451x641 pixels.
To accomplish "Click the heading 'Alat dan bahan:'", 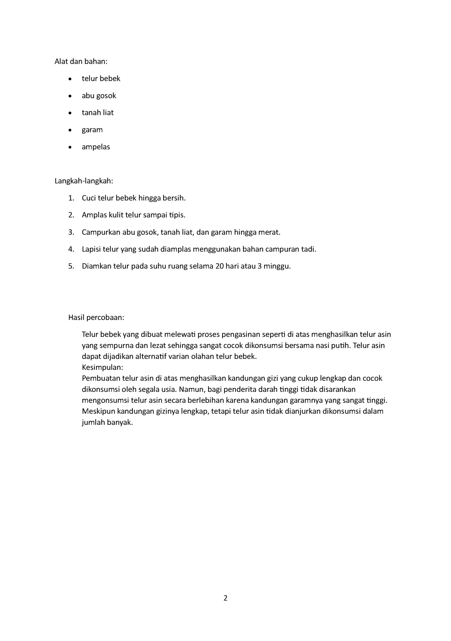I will point(81,61).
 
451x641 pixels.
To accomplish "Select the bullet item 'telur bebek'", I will point(101,78).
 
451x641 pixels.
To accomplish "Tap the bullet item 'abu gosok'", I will point(99,95).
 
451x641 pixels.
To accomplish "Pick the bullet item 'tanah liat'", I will point(98,113).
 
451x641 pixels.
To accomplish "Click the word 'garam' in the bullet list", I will point(92,130).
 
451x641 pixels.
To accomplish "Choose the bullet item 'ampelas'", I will point(96,147).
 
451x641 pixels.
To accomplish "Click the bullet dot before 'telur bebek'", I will point(70,79).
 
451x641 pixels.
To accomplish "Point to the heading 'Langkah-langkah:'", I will point(84,181).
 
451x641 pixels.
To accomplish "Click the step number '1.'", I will point(71,198).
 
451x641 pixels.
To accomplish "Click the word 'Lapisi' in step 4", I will point(91,249).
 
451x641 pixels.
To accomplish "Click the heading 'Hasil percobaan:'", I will point(96,317).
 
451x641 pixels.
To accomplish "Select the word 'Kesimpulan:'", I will point(102,367).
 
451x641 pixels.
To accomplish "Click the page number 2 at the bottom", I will point(225,598).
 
